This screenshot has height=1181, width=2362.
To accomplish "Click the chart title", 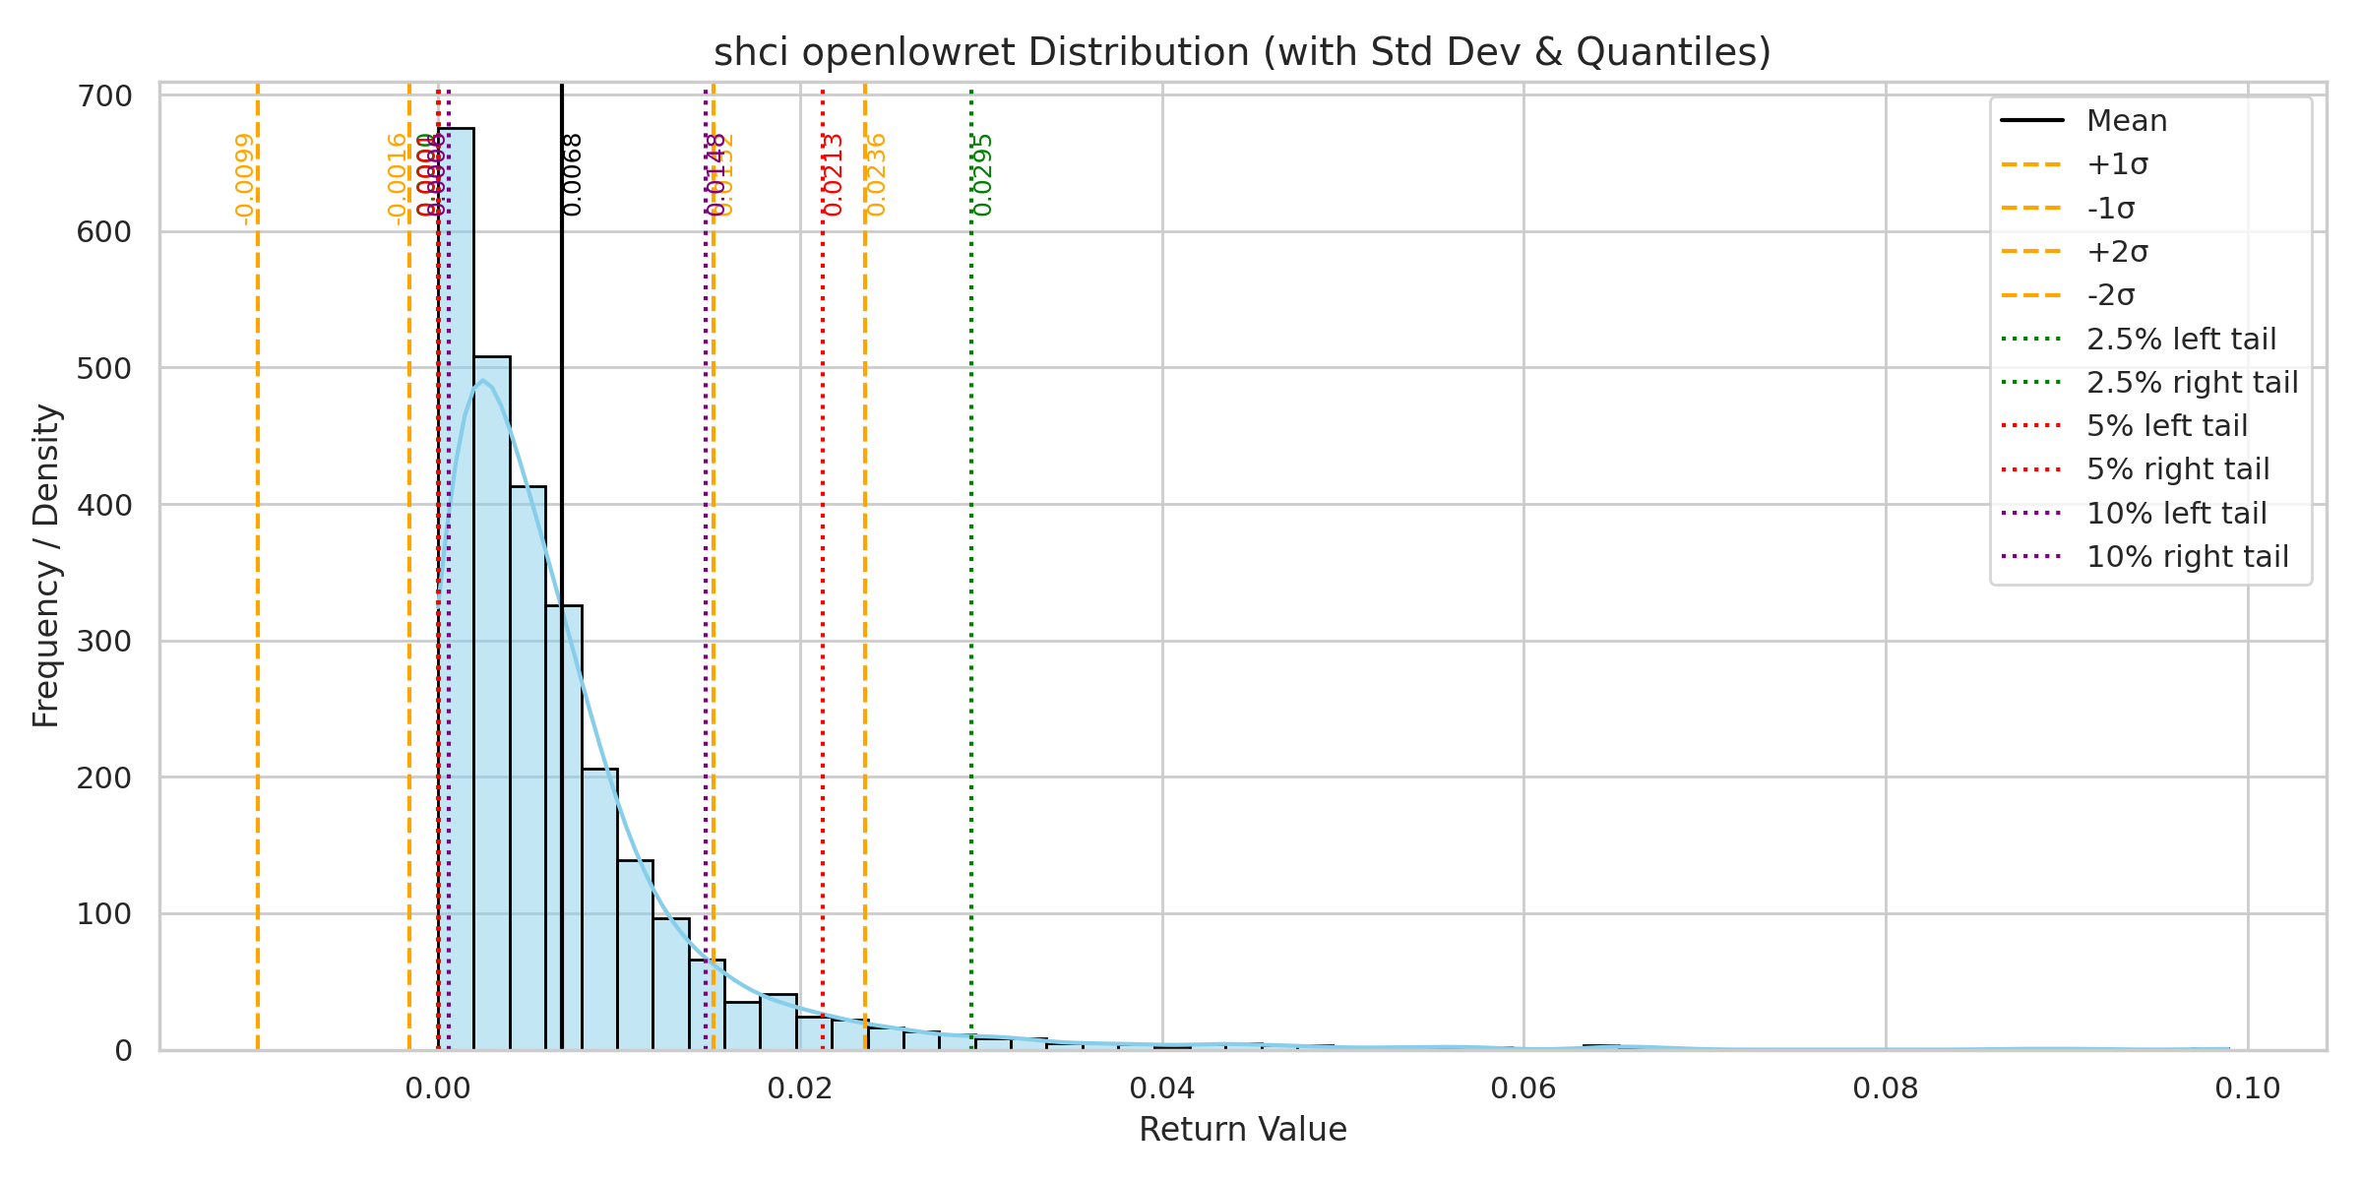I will [1242, 52].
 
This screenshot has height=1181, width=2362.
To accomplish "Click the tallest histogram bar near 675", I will [456, 590].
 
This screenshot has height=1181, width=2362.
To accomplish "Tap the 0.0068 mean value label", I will [573, 174].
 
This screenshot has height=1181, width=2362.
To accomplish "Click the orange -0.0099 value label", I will [245, 178].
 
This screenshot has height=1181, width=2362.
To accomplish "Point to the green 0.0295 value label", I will [982, 174].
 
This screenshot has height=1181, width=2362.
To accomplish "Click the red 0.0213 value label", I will [834, 174].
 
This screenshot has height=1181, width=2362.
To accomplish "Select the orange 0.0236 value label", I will [876, 174].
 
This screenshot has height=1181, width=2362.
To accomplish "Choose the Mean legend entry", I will [2126, 121].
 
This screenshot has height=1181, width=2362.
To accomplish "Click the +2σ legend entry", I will [2116, 252].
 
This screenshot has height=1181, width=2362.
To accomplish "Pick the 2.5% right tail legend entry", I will [2192, 383].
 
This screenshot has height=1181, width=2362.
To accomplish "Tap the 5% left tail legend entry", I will [2166, 426].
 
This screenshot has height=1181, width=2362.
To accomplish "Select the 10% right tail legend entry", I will [2187, 557].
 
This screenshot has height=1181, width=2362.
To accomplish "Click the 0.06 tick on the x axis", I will [1523, 1088].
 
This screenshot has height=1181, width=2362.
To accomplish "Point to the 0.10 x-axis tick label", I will [2248, 1088].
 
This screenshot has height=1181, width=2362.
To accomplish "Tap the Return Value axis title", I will [1242, 1130].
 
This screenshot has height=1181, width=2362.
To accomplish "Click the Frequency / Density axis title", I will [46, 566].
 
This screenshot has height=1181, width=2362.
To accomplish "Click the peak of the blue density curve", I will [482, 381].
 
